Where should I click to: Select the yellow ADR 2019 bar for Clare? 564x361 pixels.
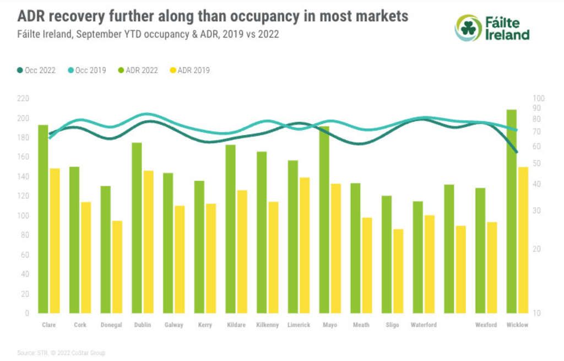(55, 241)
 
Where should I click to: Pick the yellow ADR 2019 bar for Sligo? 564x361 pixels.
(398, 271)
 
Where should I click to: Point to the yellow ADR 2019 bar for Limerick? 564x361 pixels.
(305, 245)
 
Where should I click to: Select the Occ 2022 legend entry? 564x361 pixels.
(36, 71)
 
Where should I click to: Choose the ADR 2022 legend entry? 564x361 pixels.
(138, 71)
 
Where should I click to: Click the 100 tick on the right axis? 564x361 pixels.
(538, 99)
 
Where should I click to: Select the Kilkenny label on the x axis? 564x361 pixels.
(268, 325)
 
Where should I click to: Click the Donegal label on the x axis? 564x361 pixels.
(111, 325)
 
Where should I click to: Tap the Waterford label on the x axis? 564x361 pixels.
(424, 325)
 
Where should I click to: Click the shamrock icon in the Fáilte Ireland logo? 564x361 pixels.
(468, 28)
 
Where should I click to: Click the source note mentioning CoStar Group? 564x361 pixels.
(61, 353)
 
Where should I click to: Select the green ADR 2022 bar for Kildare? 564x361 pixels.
(231, 229)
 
